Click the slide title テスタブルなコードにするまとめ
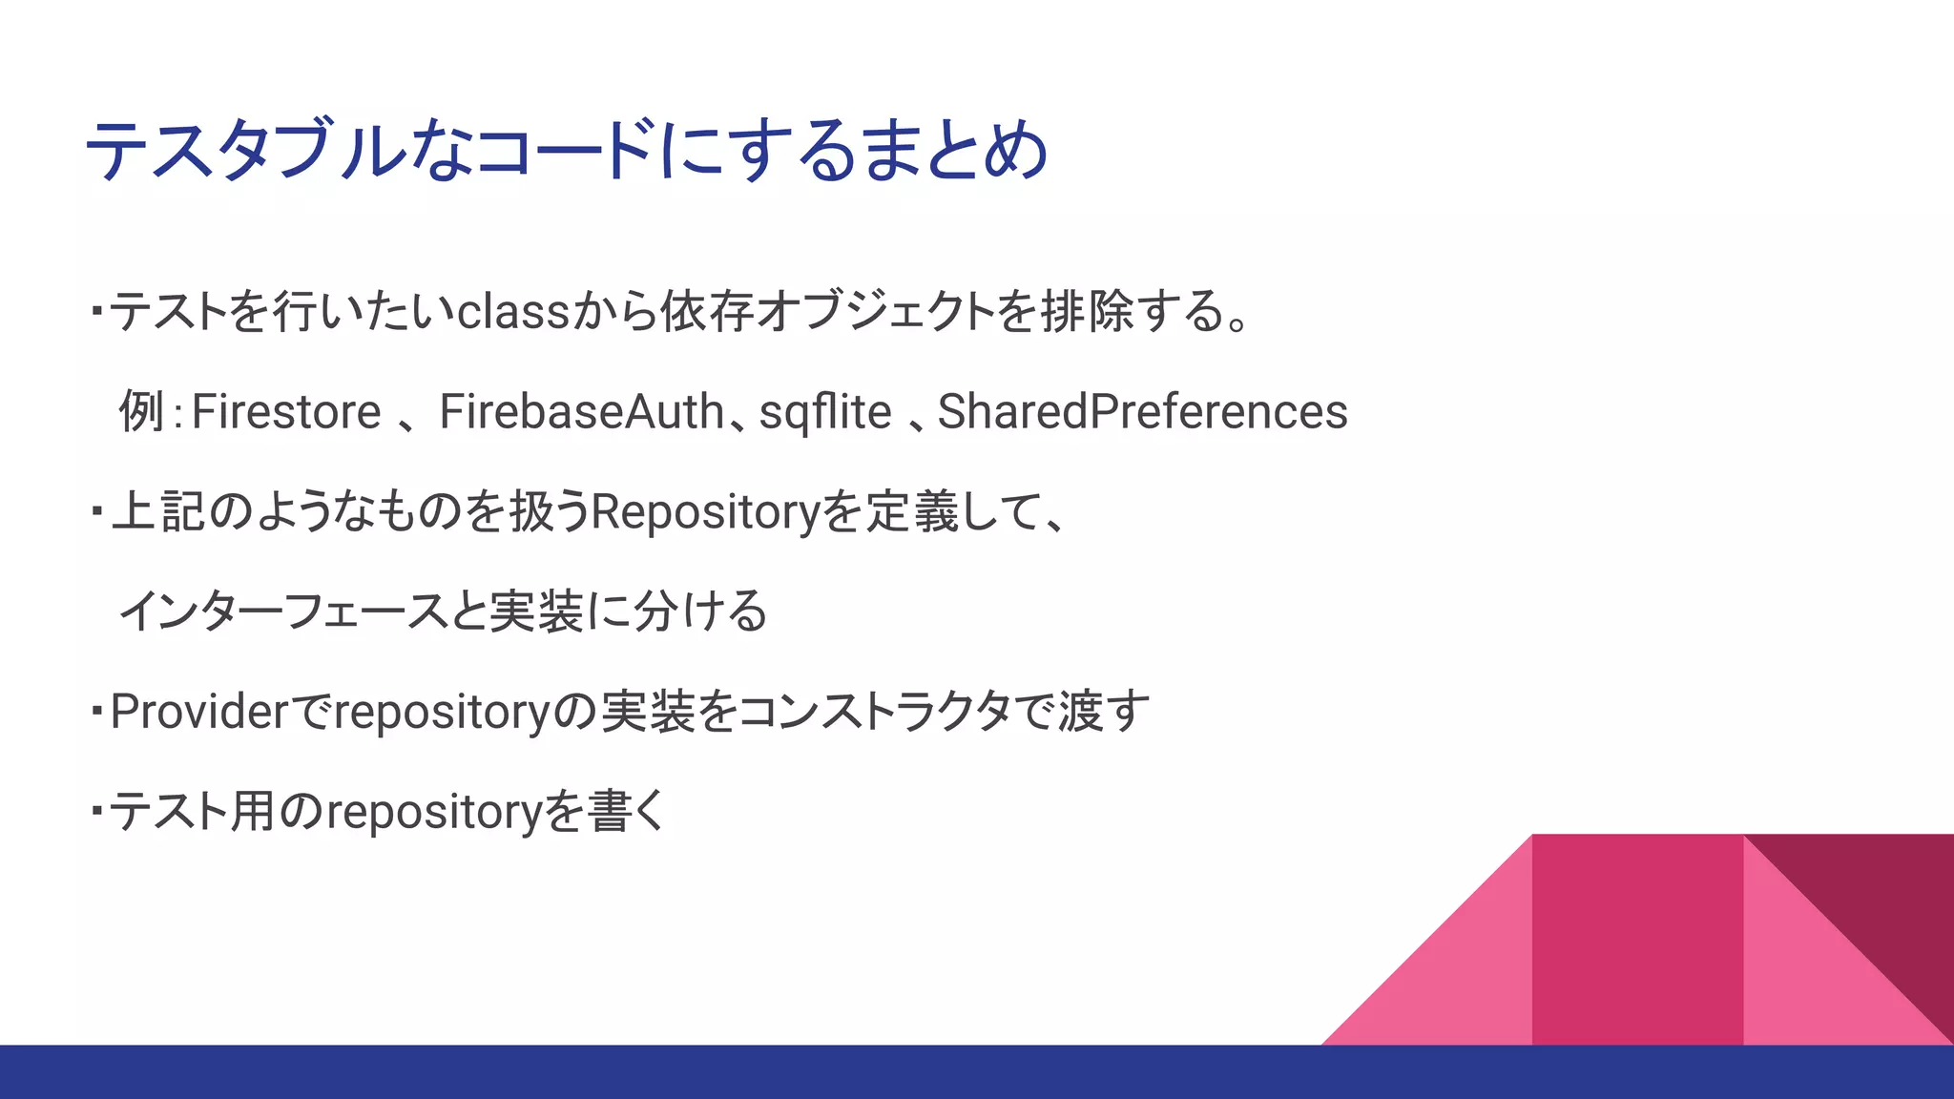(x=567, y=151)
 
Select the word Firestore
(x=286, y=412)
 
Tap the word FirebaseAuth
(x=582, y=412)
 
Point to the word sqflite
(x=825, y=412)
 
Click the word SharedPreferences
(x=1142, y=412)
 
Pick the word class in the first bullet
(x=513, y=312)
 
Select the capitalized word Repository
(x=706, y=512)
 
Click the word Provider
(x=199, y=712)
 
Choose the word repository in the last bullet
(x=435, y=813)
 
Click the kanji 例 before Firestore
(x=141, y=412)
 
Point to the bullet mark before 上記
(x=97, y=512)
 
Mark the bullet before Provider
(x=97, y=712)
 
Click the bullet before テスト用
(x=97, y=812)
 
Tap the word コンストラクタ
(x=874, y=712)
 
